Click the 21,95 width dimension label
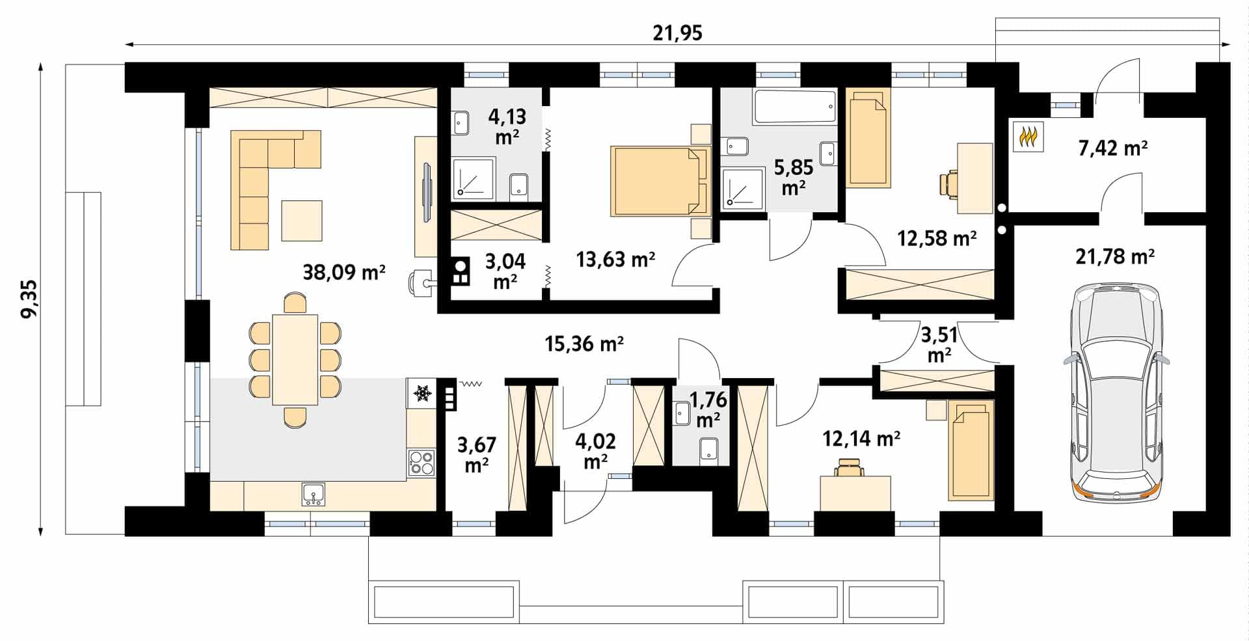(x=677, y=33)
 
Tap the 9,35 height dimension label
(x=30, y=299)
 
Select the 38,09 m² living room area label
(x=344, y=271)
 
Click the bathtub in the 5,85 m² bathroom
(x=794, y=107)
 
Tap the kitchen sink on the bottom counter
(x=314, y=494)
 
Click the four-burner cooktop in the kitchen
(x=421, y=463)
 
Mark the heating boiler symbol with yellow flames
(x=1028, y=137)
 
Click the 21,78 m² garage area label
(x=1114, y=256)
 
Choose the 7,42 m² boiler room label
(x=1112, y=148)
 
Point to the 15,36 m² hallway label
(x=584, y=344)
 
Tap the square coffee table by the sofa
(x=302, y=220)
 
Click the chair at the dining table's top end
(x=295, y=303)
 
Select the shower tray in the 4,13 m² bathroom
(x=473, y=178)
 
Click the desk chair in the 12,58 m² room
(x=949, y=183)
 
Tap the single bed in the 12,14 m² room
(x=971, y=450)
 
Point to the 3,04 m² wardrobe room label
(x=505, y=271)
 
